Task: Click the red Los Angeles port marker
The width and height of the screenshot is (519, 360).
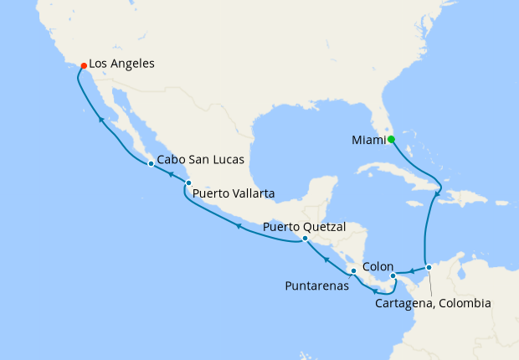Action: point(83,65)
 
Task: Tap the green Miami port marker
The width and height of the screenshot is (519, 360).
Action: point(391,140)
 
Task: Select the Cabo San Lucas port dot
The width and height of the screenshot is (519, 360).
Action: point(151,163)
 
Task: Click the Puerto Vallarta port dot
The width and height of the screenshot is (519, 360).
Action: point(188,183)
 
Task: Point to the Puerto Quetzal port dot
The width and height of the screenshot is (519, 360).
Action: point(305,239)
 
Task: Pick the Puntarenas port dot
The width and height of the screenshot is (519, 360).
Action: point(353,271)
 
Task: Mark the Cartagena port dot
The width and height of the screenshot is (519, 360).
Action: point(429,268)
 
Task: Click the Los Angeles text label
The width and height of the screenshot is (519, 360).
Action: point(121,63)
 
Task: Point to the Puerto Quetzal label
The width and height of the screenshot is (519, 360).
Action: point(304,226)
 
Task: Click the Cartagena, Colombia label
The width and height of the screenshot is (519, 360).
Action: point(432,303)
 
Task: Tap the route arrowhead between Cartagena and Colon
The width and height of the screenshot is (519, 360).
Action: point(413,270)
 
